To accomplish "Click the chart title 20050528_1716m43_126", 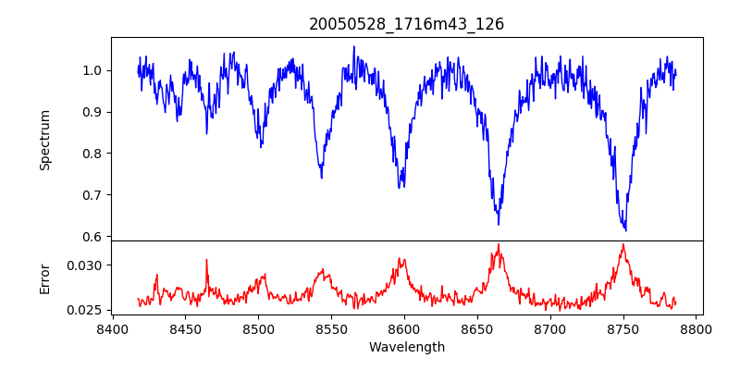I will pos(406,24).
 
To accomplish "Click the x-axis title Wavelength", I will pos(406,348).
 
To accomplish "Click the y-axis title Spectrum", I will pos(45,140).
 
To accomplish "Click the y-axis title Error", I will pos(45,278).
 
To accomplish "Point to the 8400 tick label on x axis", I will pos(112,328).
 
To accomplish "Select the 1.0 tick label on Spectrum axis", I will pos(92,70).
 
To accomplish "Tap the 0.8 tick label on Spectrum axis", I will pos(92,154).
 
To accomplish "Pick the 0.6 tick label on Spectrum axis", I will pos(92,237).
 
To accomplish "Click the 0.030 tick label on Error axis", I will pos(86,265).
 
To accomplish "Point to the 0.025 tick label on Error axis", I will pos(86,310).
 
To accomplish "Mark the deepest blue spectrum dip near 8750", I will pos(626,229).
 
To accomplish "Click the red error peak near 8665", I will pos(499,245).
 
